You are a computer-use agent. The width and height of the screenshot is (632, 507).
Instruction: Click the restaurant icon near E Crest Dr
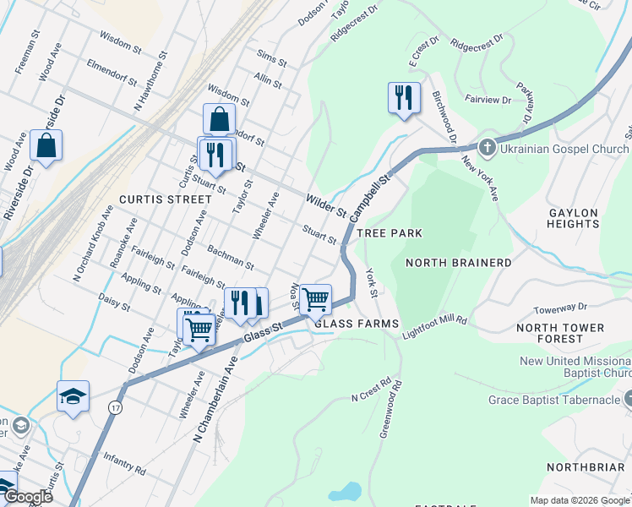(x=404, y=97)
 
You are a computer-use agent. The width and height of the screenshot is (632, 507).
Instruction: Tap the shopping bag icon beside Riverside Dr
(x=46, y=144)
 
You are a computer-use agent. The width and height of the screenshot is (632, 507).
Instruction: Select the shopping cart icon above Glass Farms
(x=315, y=297)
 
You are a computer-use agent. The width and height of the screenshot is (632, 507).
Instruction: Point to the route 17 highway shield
(x=114, y=407)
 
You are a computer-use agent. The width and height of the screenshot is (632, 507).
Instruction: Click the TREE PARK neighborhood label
(x=389, y=232)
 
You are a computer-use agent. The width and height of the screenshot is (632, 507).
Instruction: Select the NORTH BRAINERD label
(x=458, y=263)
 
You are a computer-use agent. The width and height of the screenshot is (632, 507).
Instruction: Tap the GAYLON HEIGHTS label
(x=573, y=218)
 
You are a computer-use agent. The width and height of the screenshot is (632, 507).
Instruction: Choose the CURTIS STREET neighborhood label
(x=165, y=199)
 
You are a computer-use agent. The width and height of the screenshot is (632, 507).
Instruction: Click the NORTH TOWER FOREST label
(x=560, y=333)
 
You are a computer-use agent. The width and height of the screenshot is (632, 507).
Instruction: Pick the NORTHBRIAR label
(x=588, y=467)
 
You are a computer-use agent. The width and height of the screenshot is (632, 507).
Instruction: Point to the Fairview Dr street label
(x=488, y=100)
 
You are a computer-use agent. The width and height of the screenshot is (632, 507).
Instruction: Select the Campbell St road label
(x=373, y=194)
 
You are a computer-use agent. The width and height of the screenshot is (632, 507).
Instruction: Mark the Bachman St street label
(x=231, y=259)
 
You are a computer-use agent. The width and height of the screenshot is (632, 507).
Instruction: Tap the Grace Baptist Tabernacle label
(x=554, y=400)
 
